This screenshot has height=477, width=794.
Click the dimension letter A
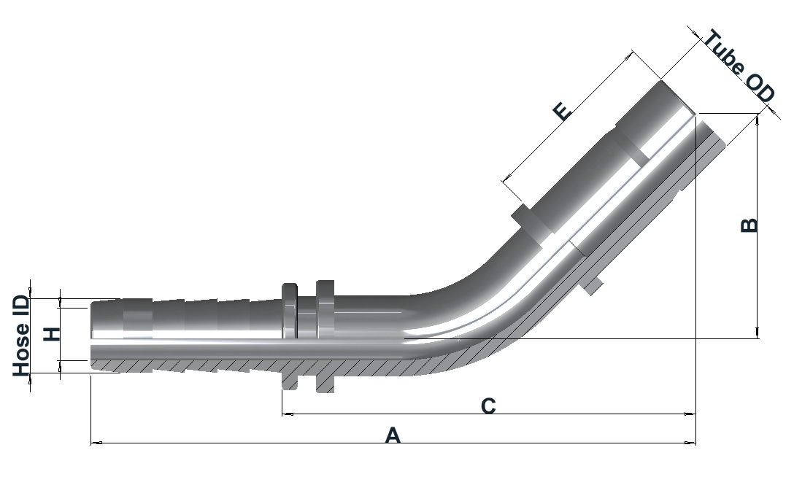point(393,435)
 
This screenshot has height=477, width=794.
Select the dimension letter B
point(749,225)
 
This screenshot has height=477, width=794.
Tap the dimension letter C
point(488,406)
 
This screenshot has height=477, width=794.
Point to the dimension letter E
point(562,111)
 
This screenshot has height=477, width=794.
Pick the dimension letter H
point(51,334)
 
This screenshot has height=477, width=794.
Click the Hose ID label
point(20,336)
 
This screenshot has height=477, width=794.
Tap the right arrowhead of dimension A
point(690,443)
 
